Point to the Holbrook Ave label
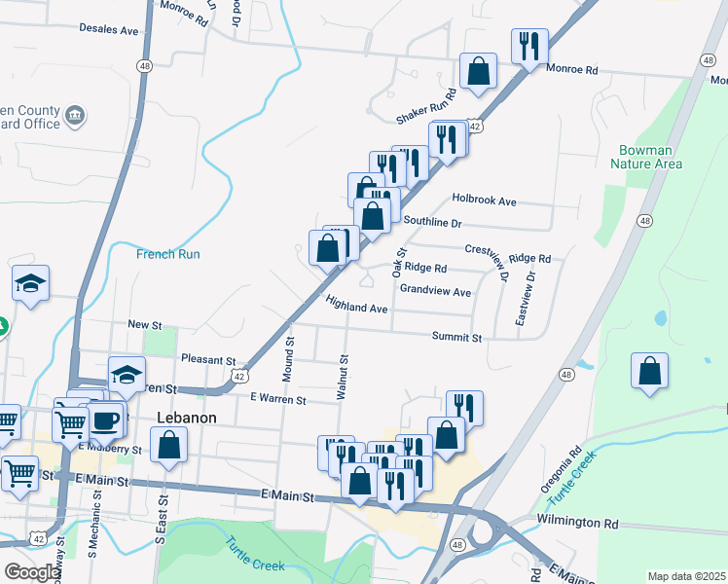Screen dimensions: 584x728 484,201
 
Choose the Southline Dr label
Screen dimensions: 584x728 431,223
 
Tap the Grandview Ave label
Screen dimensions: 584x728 435,291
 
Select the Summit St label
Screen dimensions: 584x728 457,337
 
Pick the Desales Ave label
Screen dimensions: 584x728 109,30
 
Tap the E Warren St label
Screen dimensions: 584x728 277,399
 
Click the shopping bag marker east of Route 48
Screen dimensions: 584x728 649,371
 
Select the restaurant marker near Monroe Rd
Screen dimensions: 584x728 529,45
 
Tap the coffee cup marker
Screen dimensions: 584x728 105,420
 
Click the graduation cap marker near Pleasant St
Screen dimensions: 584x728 127,374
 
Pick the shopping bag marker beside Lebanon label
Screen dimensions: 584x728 169,445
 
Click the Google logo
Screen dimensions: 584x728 31,572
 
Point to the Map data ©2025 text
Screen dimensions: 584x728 687,576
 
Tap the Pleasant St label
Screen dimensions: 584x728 208,359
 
